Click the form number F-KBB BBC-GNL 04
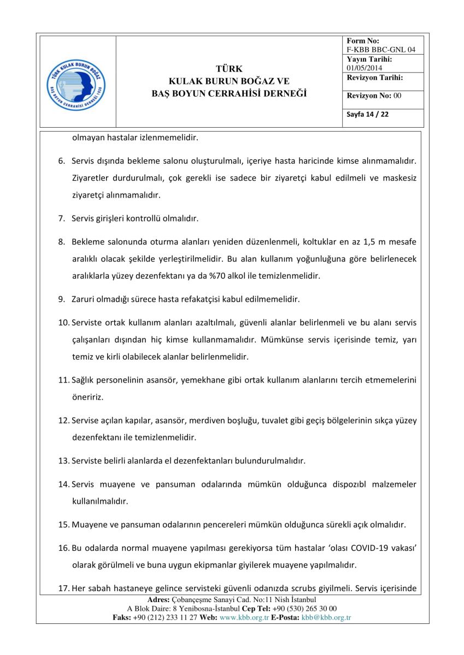click(381, 50)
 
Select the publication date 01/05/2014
click(365, 68)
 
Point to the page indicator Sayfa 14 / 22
click(368, 115)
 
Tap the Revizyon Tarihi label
click(374, 78)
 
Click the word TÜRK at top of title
click(229, 69)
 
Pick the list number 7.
click(62, 219)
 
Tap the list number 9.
click(62, 299)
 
